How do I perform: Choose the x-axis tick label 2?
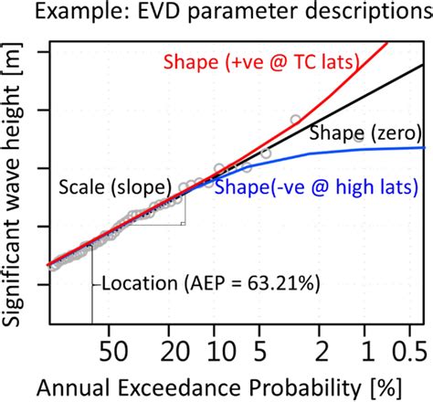(320, 353)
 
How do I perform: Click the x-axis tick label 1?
(365, 353)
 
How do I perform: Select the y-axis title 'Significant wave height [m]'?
(16, 183)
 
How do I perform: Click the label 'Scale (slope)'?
(119, 189)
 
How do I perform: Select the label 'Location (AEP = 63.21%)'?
(209, 284)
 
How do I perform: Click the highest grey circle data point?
(295, 120)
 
